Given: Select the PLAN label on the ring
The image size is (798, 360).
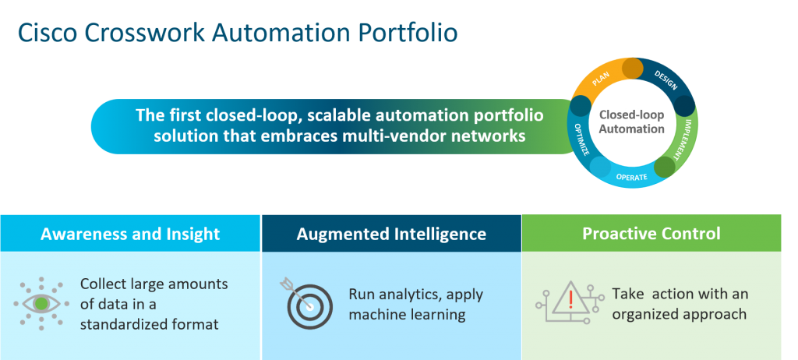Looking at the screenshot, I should coord(601,80).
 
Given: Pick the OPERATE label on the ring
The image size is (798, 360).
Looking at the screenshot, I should coord(632,178).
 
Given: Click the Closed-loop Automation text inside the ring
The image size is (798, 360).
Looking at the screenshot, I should coord(632,122).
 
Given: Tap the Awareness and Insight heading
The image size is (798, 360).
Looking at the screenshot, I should coord(130,234).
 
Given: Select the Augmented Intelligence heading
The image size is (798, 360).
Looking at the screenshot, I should coord(391,234).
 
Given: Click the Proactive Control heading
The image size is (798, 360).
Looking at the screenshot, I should coord(651,234).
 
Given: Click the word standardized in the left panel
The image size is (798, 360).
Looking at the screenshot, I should coord(129,323).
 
